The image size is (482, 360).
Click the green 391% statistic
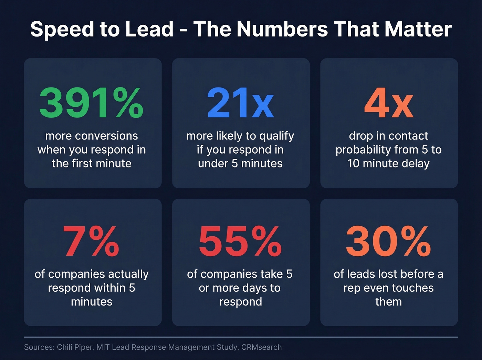pyautogui.click(x=91, y=103)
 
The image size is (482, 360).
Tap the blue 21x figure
pyautogui.click(x=240, y=103)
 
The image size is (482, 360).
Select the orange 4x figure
pyautogui.click(x=389, y=103)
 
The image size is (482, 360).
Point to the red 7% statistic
pyautogui.click(x=91, y=241)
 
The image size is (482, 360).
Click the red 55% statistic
pyautogui.click(x=240, y=241)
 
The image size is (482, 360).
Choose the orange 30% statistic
pyautogui.click(x=389, y=241)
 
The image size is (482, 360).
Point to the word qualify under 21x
pyautogui.click(x=276, y=136)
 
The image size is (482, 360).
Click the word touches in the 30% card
pyautogui.click(x=412, y=288)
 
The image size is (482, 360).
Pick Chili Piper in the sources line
pyautogui.click(x=75, y=347)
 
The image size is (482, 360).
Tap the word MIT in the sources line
pyautogui.click(x=103, y=347)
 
